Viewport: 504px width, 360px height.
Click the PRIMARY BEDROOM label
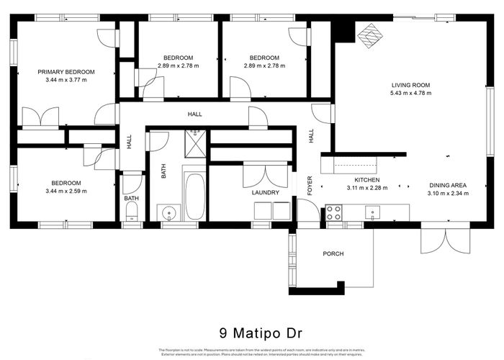67,71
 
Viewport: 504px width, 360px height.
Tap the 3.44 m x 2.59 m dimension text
66,192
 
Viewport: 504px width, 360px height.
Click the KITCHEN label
366,180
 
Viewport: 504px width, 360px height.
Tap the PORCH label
333,254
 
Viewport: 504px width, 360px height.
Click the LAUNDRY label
265,193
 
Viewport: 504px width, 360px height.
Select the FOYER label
310,186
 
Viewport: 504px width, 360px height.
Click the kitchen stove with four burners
334,212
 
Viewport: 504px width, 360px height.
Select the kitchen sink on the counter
372,211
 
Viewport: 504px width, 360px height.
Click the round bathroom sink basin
168,212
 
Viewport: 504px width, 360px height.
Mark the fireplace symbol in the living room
372,36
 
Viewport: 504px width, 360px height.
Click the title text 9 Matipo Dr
252,333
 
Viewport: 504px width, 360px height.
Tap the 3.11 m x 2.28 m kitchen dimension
366,188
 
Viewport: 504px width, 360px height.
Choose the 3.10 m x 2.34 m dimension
447,193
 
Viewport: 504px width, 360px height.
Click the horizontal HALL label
194,114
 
